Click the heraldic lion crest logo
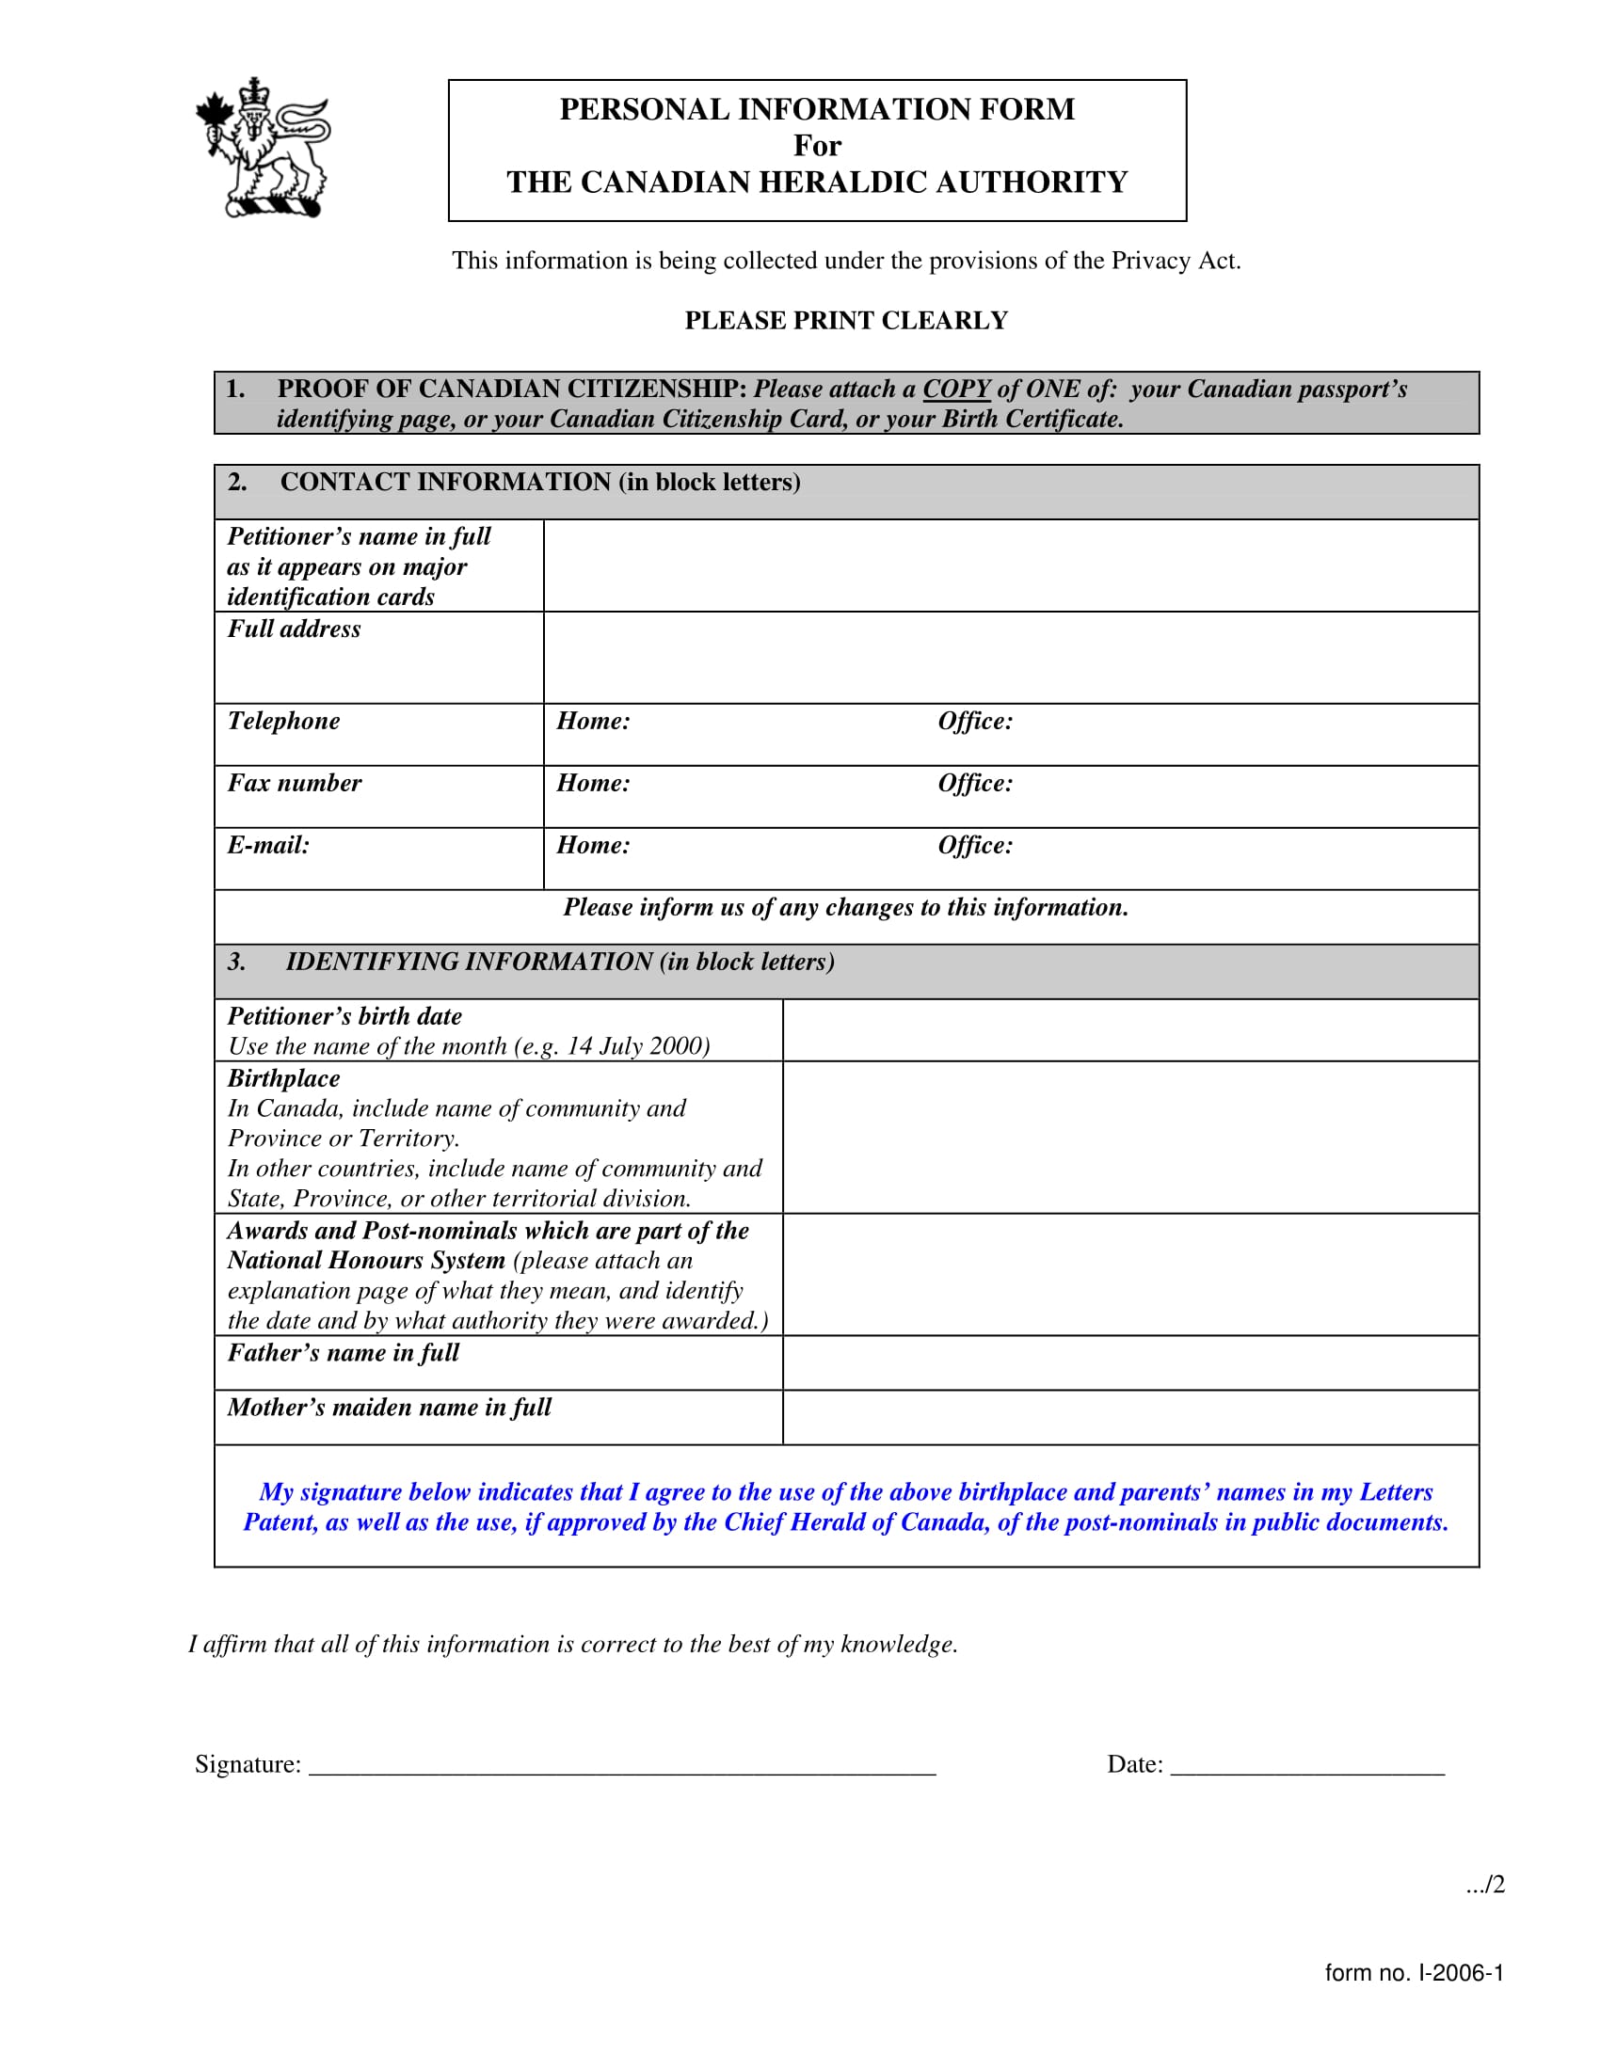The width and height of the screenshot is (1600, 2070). [264, 148]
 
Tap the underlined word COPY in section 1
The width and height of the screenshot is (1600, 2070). [955, 390]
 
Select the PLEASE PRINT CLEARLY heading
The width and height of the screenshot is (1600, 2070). [845, 320]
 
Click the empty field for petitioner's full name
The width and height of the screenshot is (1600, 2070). [1011, 565]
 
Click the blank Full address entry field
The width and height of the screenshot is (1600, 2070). [1011, 657]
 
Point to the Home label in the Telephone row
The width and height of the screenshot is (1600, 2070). [592, 722]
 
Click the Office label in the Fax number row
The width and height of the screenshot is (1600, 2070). [974, 783]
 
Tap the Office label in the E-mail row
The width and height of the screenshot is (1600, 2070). [974, 846]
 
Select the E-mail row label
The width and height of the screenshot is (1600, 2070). [268, 846]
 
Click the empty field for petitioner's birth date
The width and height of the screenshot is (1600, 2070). [1129, 1030]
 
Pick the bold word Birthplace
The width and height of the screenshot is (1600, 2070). [283, 1078]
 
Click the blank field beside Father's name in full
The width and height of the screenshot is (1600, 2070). [1129, 1363]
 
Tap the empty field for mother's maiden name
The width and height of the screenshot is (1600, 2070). [1129, 1418]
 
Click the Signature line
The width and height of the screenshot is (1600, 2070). [622, 1765]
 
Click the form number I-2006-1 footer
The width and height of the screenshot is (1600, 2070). [1414, 1973]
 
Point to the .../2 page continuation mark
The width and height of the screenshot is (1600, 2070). [1484, 1886]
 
